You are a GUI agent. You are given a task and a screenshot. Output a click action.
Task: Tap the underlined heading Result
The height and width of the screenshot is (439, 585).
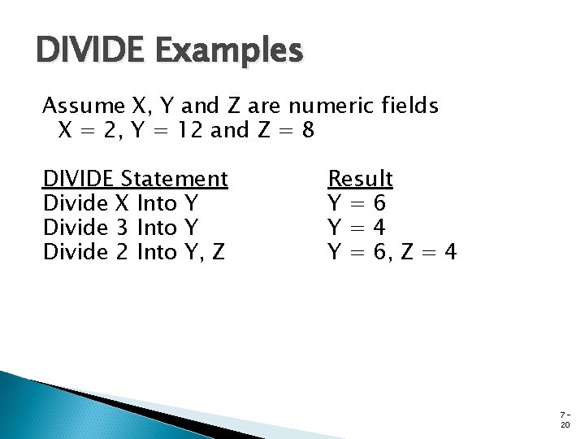click(360, 178)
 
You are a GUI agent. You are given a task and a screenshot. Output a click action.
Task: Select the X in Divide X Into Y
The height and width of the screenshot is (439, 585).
click(123, 203)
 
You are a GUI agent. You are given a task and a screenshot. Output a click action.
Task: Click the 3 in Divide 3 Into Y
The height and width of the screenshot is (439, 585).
click(123, 228)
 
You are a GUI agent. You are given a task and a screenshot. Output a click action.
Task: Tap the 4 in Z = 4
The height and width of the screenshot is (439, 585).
click(450, 253)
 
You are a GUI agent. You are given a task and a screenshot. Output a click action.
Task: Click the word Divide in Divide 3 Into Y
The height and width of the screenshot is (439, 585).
click(75, 228)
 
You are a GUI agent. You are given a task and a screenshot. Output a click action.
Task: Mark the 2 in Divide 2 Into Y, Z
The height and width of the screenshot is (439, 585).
click(123, 253)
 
